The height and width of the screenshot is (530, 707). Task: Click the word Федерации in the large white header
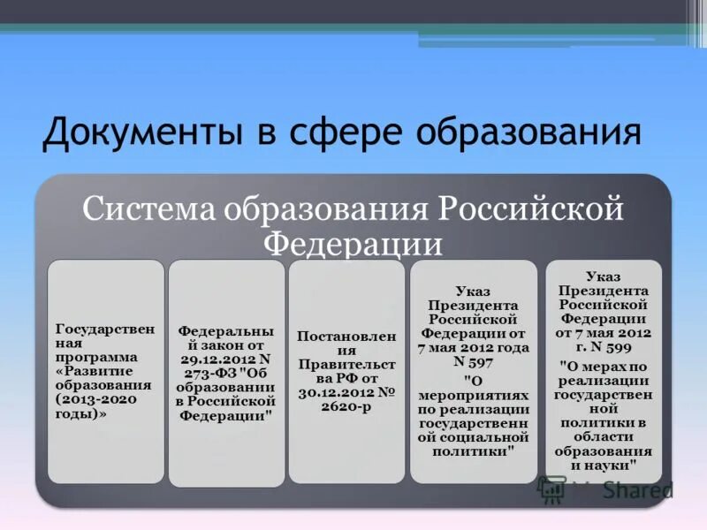point(353,241)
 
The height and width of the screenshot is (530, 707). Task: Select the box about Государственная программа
point(105,371)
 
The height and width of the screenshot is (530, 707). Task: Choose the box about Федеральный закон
point(226,371)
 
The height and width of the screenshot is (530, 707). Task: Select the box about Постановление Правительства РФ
point(346,371)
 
